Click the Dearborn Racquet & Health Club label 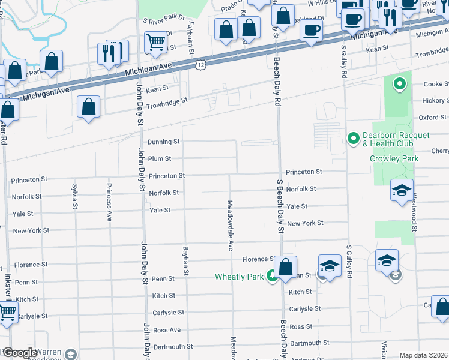396,139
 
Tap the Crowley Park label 394,158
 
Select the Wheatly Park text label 240,277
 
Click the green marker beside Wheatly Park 271,275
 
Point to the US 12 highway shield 199,64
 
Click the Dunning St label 164,142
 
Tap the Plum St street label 160,159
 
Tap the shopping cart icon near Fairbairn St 155,41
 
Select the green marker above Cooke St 397,85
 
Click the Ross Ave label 167,330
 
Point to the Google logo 19,353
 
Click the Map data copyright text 423,355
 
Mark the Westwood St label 414,217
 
